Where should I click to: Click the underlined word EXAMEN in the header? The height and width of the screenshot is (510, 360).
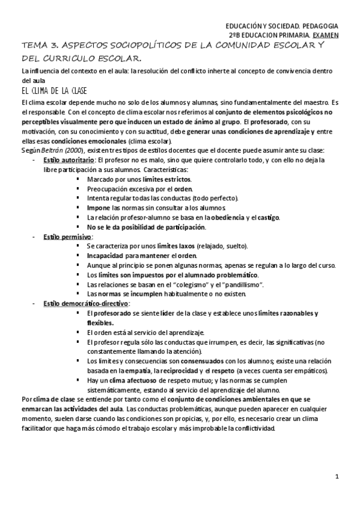coord(326,35)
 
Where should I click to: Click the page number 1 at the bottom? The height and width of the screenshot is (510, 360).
coord(338,477)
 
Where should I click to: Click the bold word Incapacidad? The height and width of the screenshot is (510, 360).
coord(106,256)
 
